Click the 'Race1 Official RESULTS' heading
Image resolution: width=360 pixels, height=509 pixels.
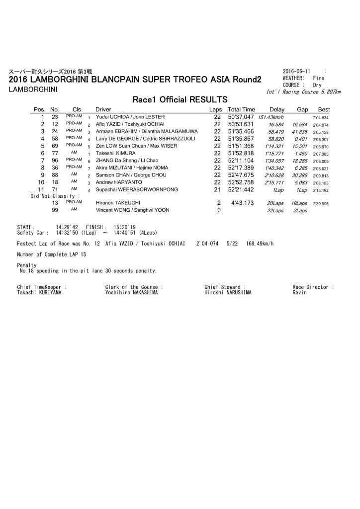(180, 99)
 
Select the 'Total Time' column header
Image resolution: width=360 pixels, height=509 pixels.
(241, 109)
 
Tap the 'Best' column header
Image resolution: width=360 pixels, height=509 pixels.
(324, 109)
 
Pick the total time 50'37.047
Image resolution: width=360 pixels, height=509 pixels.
(241, 117)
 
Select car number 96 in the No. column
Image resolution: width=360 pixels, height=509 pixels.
(55, 161)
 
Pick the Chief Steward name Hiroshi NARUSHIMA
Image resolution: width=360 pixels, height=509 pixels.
(227, 293)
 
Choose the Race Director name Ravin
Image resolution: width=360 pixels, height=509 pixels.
(300, 293)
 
